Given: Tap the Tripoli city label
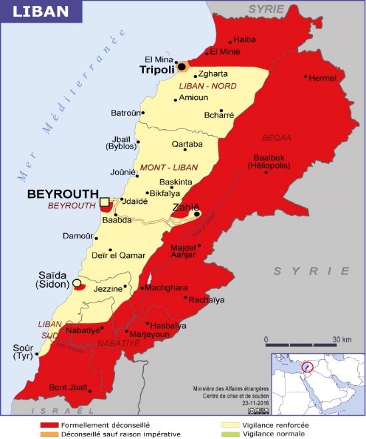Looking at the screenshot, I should click(156, 69).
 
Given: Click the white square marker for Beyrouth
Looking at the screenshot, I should click(104, 202).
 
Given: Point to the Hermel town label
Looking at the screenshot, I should click(323, 78).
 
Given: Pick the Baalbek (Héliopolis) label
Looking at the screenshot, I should click(268, 161).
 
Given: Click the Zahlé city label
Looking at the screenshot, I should click(186, 207).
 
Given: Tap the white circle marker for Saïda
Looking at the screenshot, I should click(77, 283).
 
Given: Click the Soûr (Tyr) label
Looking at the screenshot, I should click(23, 352).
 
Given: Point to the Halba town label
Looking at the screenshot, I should click(244, 39).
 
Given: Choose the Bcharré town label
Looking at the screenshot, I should click(219, 115).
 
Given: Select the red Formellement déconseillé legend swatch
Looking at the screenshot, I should click(49, 424).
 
